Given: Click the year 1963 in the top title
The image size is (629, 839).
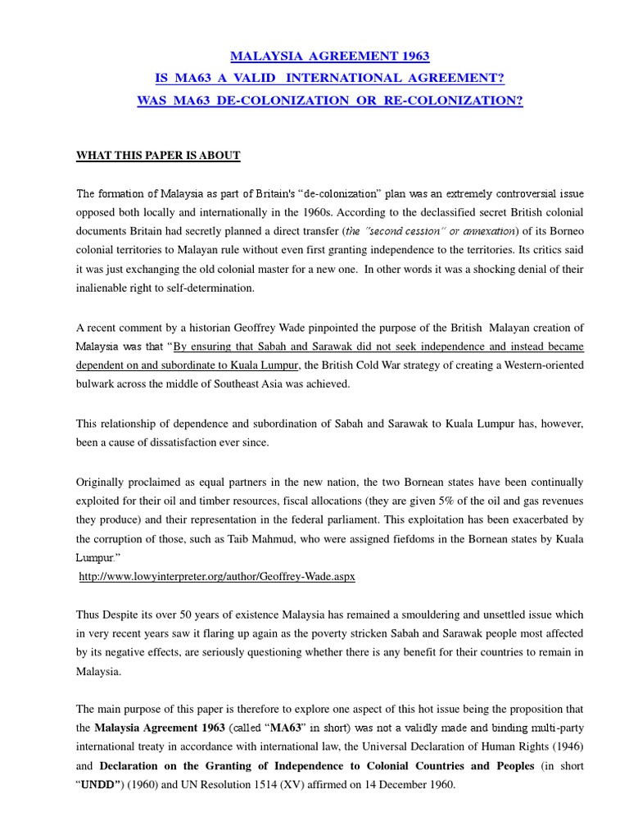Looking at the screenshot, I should point(413,57).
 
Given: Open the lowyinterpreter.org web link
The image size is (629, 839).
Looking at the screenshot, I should point(217,577).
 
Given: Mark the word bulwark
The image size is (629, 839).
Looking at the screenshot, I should point(97,383).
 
